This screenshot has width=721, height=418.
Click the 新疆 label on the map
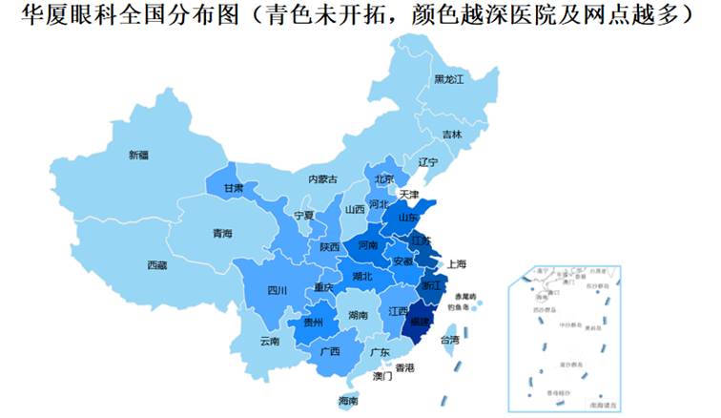point(138,154)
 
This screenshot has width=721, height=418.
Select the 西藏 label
point(156,264)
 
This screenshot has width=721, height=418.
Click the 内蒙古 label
point(321,178)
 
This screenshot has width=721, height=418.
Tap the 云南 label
point(269,341)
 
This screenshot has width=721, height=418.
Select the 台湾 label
point(448,339)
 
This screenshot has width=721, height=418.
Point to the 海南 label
point(349,402)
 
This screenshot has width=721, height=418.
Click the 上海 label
point(455,263)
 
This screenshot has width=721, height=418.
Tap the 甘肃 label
point(233,188)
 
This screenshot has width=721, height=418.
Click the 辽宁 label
point(426,162)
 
